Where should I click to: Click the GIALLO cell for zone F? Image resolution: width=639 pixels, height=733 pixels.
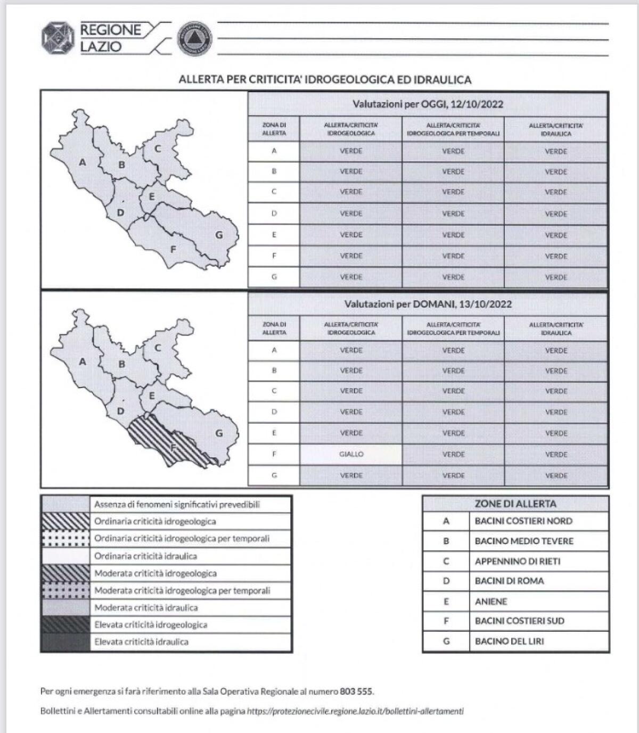pyautogui.click(x=351, y=454)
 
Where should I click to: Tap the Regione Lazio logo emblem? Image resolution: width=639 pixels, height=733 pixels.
pyautogui.click(x=58, y=38)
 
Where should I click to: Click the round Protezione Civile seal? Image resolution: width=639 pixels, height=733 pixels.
pyautogui.click(x=194, y=38)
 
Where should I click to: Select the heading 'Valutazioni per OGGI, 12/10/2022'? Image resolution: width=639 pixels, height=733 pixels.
pyautogui.click(x=428, y=104)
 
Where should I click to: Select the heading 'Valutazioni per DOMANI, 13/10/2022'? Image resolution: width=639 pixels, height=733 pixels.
pyautogui.click(x=428, y=304)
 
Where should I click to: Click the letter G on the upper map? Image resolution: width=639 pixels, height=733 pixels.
pyautogui.click(x=219, y=235)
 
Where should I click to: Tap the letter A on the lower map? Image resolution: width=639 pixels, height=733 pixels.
pyautogui.click(x=83, y=362)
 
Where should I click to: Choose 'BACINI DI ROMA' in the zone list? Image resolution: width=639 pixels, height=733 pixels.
pyautogui.click(x=509, y=581)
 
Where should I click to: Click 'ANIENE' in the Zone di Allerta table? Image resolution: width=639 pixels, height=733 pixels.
pyautogui.click(x=491, y=602)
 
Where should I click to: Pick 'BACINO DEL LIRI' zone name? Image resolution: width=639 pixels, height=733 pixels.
pyautogui.click(x=509, y=641)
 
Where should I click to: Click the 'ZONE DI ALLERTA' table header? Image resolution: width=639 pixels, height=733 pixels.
pyautogui.click(x=515, y=504)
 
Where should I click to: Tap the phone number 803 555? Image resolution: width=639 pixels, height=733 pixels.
pyautogui.click(x=356, y=691)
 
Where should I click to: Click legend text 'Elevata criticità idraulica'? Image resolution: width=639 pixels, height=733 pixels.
pyautogui.click(x=141, y=642)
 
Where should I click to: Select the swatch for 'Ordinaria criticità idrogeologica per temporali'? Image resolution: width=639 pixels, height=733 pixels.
pyautogui.click(x=65, y=539)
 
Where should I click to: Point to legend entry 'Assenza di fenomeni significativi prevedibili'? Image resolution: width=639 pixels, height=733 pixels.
pyautogui.click(x=177, y=504)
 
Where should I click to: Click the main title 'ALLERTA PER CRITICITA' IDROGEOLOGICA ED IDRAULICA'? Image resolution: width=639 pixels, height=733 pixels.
pyautogui.click(x=325, y=80)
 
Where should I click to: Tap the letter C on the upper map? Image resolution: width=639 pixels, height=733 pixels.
pyautogui.click(x=158, y=149)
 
